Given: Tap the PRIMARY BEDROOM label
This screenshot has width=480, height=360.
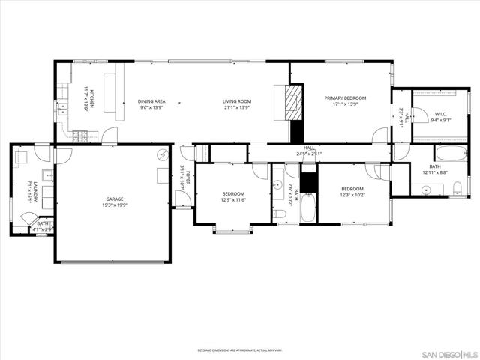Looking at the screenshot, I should tap(345, 97).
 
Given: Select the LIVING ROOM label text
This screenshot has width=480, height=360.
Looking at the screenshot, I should tap(236, 101).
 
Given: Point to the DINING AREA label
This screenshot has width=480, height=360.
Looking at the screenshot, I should tap(152, 101).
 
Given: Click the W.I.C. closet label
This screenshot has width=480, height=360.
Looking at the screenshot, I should tap(440, 115).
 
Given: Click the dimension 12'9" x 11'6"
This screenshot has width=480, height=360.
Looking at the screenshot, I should tap(233, 200).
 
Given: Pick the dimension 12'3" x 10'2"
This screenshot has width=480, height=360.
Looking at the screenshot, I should tap(352, 195).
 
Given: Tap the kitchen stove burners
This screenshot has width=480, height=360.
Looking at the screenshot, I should tap(80, 136).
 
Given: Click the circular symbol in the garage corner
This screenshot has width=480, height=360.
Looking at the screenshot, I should tap(161, 155).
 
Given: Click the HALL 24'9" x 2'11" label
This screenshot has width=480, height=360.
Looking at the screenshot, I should tap(309, 151).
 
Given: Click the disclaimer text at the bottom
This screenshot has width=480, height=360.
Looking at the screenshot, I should tap(239, 349).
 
